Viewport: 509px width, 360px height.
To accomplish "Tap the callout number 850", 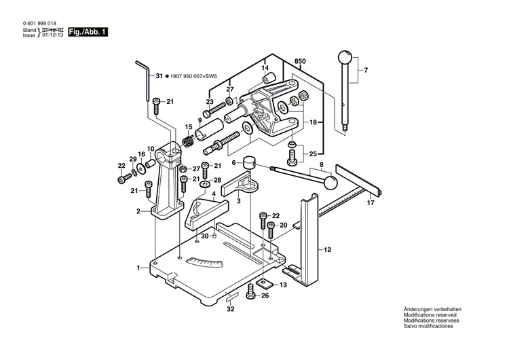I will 300,62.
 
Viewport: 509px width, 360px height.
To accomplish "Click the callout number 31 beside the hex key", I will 159,77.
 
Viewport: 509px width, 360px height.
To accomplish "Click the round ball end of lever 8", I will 331,182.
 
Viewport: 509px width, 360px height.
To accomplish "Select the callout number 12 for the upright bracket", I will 327,250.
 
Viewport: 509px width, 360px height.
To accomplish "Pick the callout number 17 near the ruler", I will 371,203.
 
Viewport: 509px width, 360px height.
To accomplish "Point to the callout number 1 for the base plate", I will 138,268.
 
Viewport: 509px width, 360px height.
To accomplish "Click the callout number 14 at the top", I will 266,67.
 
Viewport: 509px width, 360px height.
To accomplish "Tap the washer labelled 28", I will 204,183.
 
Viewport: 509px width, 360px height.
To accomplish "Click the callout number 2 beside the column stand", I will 138,211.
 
